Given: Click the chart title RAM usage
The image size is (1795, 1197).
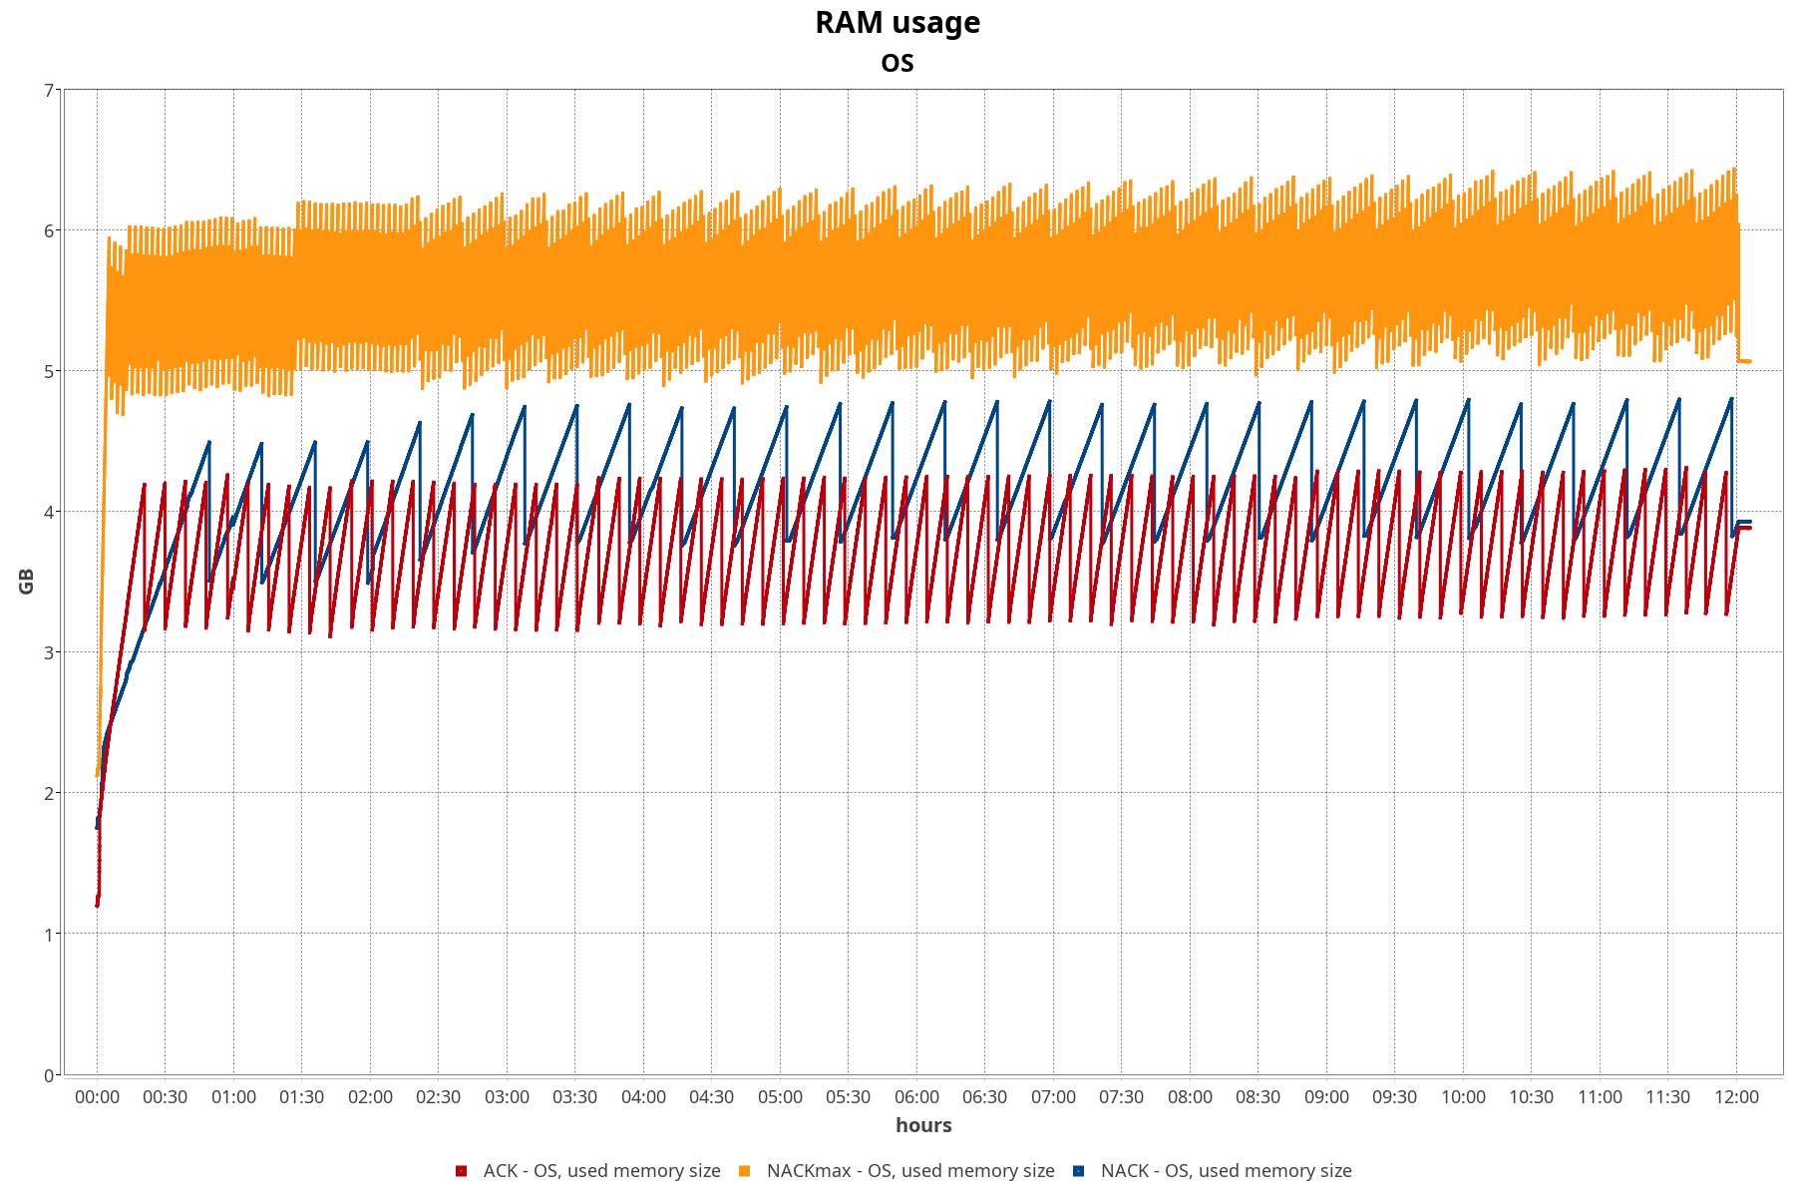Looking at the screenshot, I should point(897,22).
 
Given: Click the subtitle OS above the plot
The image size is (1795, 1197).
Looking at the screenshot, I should point(897,63).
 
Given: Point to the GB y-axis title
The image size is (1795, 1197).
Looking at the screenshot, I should point(27,582).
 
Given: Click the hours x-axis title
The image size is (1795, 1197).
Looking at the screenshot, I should point(923,1125).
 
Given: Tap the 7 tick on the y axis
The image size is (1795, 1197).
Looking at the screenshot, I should point(49,91).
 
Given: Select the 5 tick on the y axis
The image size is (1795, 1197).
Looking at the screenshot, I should point(49,372).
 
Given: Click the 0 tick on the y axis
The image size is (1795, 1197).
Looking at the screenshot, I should point(49,1075).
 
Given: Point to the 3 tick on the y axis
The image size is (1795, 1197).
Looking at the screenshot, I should point(49,653).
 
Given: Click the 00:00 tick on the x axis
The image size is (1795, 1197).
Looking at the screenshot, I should point(97,1097).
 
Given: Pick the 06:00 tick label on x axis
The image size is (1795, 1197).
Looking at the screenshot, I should point(916,1097).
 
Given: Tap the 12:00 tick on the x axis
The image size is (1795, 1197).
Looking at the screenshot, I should point(1736,1097).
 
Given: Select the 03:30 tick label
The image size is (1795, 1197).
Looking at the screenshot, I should point(575,1097).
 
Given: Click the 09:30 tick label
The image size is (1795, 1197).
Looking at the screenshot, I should point(1394,1097).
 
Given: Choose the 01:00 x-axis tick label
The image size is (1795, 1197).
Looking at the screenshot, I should point(233,1097).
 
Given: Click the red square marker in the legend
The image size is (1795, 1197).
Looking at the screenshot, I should point(461,1171).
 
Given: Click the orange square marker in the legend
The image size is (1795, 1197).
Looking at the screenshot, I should point(744,1171).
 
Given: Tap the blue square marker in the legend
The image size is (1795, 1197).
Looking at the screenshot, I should point(1078,1171).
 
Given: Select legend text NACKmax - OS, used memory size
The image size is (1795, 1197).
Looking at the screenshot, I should point(910,1171).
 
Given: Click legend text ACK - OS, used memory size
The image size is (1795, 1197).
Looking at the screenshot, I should point(601,1171).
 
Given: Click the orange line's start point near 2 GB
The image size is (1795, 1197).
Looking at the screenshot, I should point(97,775).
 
